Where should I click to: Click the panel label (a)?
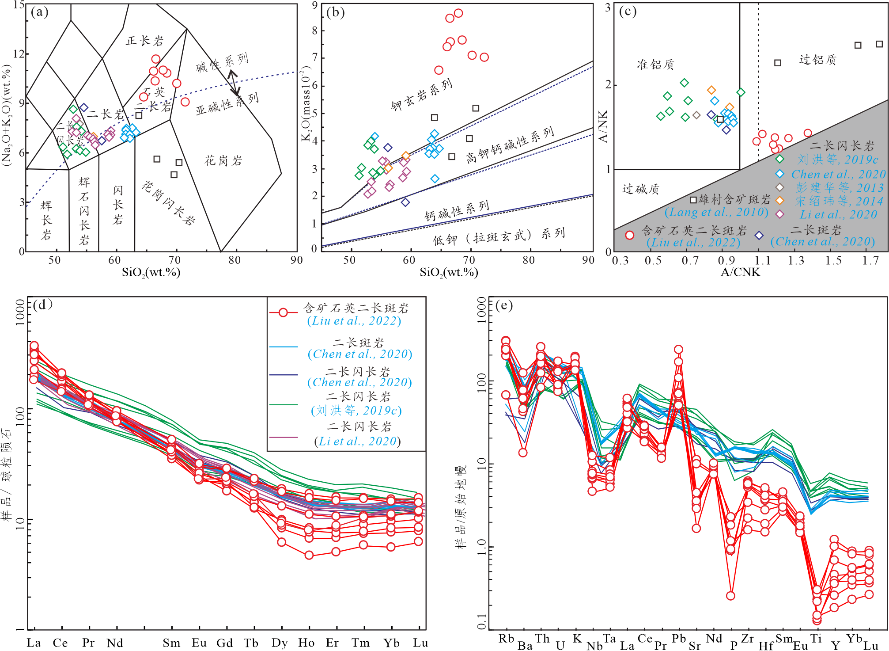[x=40, y=12]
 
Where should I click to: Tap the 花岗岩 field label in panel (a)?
[x=223, y=160]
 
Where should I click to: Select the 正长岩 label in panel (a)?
[x=145, y=41]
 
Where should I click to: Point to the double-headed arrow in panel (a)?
[x=234, y=82]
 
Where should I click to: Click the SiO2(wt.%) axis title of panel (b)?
[x=449, y=272]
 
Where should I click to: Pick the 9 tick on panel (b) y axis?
[x=315, y=5]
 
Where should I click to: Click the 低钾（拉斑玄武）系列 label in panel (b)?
[x=499, y=237]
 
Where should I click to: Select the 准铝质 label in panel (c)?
[x=655, y=65]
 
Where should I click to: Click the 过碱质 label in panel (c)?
[x=640, y=189]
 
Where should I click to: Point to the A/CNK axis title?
[x=741, y=272]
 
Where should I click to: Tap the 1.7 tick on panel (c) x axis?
[x=870, y=261]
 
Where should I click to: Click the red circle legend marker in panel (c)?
[x=630, y=235]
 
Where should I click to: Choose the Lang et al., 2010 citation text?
[x=716, y=212]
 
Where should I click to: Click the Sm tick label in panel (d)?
[x=171, y=643]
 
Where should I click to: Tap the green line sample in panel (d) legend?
[x=284, y=404]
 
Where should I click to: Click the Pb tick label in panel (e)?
[x=678, y=639]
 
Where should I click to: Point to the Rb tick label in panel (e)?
[x=506, y=639]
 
